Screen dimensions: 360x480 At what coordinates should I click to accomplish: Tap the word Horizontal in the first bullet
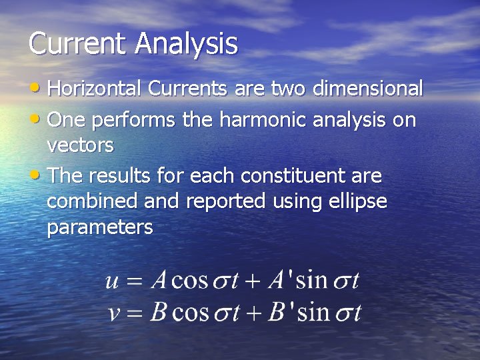[x=95, y=89]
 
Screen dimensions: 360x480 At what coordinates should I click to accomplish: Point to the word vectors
[x=80, y=145]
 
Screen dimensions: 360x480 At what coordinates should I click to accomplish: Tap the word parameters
[x=100, y=228]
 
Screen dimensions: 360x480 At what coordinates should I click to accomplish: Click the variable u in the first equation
[x=113, y=281]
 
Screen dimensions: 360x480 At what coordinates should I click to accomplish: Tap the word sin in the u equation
[x=311, y=280]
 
